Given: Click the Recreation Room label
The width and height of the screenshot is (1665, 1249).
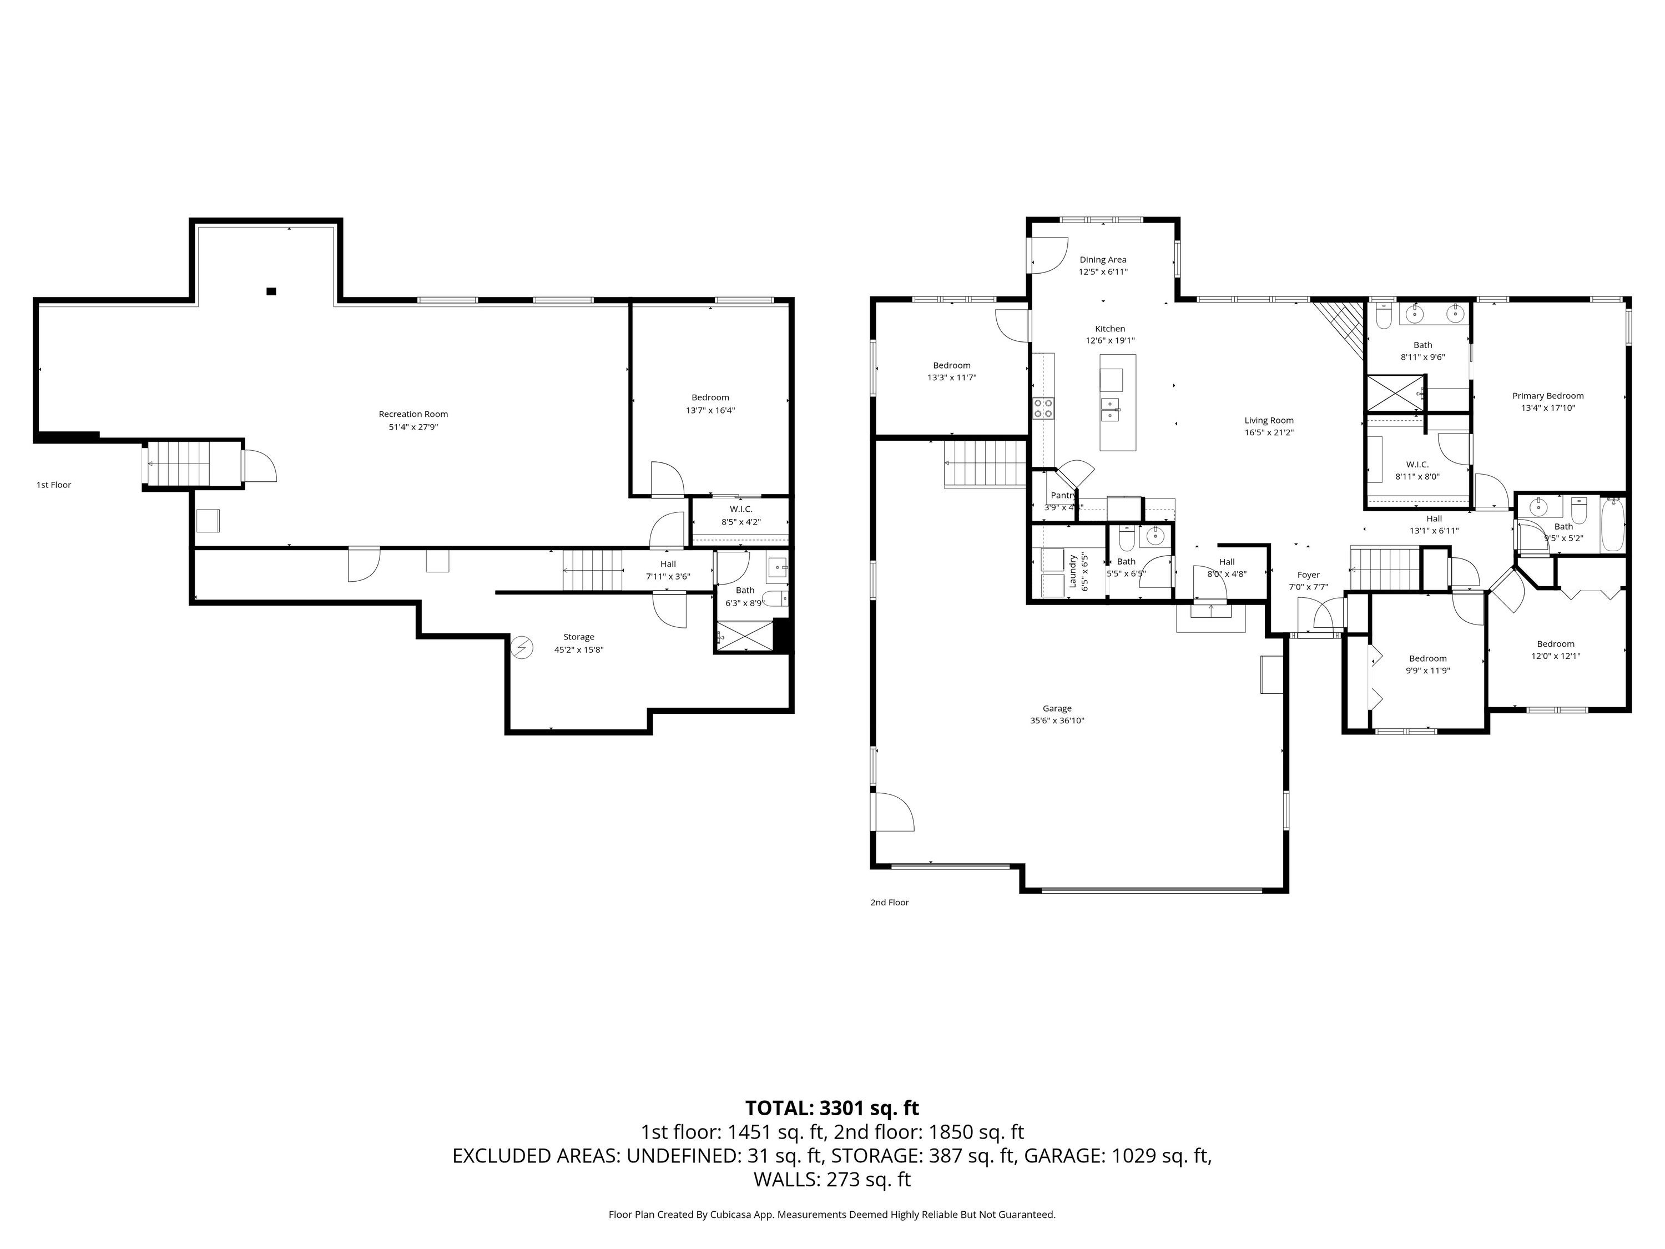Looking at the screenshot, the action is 413,414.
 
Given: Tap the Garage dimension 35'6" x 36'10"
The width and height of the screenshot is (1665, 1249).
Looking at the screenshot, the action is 1057,721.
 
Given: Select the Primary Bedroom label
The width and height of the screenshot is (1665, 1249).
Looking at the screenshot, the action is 1547,396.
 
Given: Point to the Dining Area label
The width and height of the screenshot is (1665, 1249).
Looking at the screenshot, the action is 1103,260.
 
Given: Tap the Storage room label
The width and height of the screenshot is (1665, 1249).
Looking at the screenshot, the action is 579,637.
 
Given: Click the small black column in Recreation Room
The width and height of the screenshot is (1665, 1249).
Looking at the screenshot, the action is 271,291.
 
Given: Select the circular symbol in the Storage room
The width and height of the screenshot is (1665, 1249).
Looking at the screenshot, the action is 522,647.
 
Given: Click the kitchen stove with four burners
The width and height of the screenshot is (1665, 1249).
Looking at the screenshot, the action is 1043,408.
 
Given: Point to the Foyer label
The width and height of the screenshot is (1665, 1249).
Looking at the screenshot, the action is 1308,575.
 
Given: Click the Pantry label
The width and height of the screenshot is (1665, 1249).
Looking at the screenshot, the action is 1063,495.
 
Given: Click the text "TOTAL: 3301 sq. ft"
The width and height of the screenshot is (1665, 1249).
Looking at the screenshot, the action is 832,1108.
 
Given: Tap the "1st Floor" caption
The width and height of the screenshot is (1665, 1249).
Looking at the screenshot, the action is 53,485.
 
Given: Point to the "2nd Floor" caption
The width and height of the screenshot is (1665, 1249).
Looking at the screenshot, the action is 889,903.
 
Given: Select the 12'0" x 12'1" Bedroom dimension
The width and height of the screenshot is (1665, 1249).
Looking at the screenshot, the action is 1555,656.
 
